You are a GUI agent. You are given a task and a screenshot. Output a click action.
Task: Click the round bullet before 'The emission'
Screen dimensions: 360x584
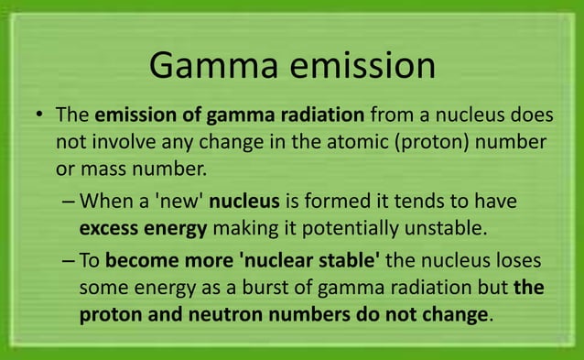pos(40,117)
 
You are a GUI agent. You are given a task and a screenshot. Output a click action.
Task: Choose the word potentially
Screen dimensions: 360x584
pos(352,227)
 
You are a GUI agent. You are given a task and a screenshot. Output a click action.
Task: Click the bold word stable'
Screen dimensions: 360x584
pos(349,260)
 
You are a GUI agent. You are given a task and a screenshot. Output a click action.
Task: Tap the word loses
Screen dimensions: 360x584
pos(525,260)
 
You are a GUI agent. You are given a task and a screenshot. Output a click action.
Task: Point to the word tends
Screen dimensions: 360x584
pos(419,201)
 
